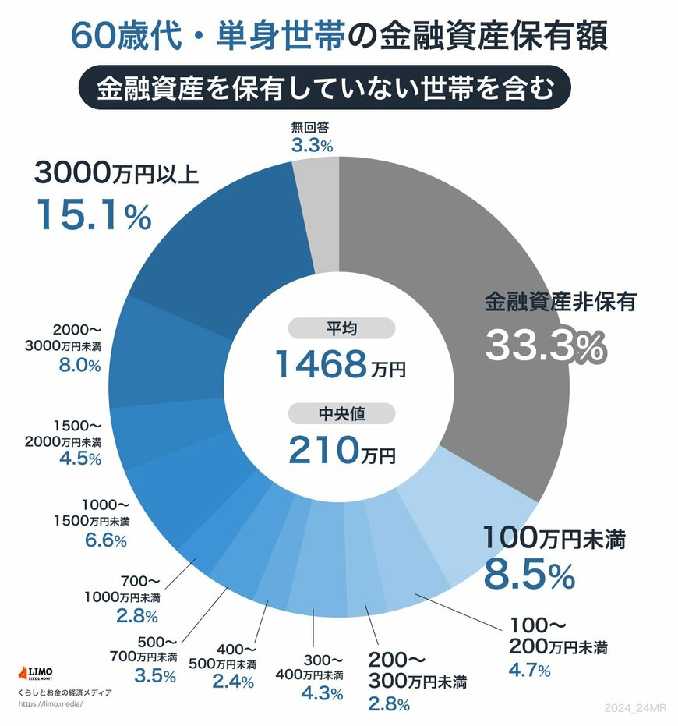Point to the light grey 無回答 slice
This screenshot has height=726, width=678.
pos(319,211)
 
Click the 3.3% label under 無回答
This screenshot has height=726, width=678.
pos(312,145)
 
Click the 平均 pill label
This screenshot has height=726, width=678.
pos(340,328)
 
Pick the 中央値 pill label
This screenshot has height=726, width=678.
pos(340,414)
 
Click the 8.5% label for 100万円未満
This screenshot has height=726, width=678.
pos(530,575)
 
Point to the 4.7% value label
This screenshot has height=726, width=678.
pos(529,670)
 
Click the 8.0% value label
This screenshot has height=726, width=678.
pos(80,366)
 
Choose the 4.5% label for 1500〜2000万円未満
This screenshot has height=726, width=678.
pos(80,459)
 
